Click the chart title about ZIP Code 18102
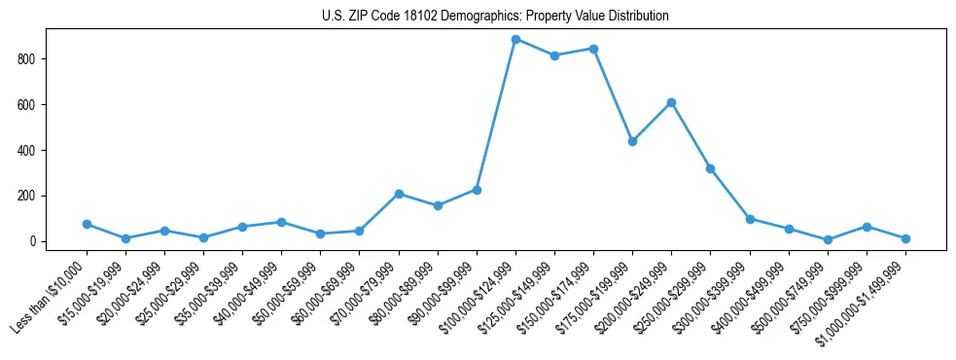coord(495,17)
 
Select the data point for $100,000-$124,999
coord(515,39)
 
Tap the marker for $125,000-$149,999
coord(554,55)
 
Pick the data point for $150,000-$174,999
coord(593,49)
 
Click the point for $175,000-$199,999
coord(632,141)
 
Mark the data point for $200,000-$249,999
coord(671,102)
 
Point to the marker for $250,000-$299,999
coord(710,168)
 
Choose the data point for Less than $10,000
coord(87,224)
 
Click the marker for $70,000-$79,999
coord(399,194)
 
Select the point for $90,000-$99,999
coord(477,190)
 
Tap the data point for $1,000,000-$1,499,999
coord(905,238)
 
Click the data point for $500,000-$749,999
coord(828,239)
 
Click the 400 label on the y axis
coord(26,151)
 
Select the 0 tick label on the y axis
coord(32,241)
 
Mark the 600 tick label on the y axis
coord(26,105)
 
